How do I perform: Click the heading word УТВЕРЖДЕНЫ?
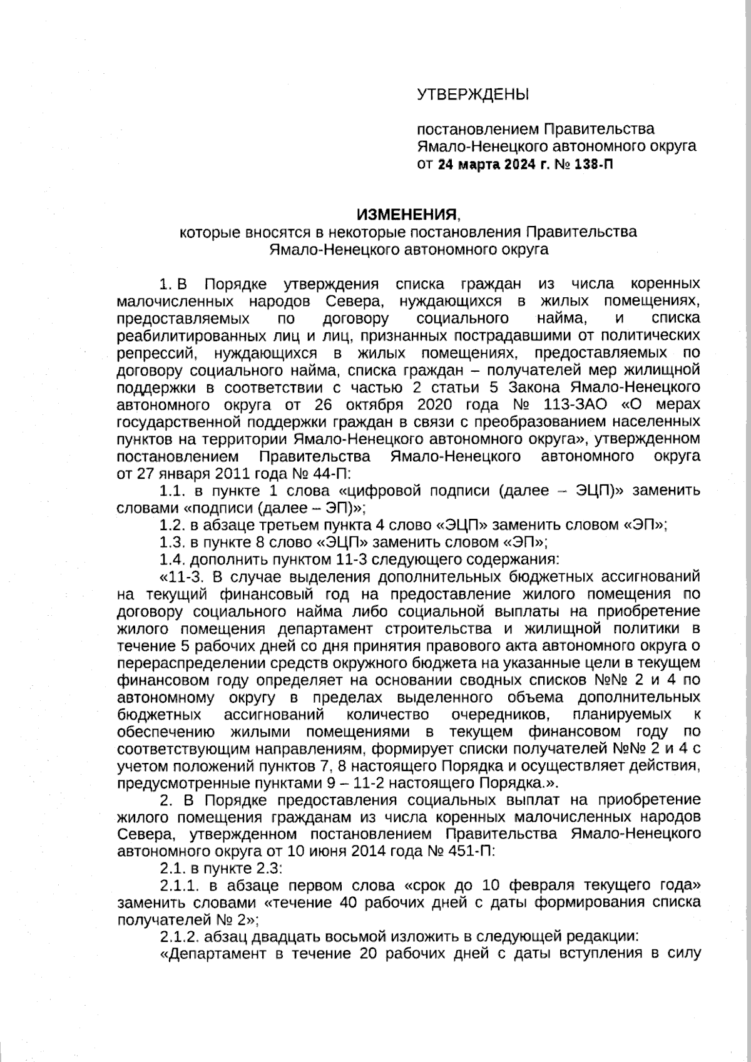coord(473,95)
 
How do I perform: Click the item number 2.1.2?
coord(178,937)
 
